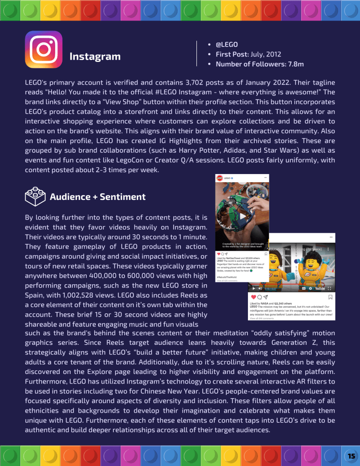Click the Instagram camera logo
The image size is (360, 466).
[x=43, y=50]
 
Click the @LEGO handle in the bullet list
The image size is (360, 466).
[x=226, y=44]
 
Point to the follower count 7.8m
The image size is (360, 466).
[x=296, y=64]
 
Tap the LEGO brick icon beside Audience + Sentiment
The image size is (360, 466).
[x=35, y=197]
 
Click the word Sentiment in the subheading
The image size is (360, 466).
[x=123, y=197]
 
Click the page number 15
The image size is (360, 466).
[x=351, y=456]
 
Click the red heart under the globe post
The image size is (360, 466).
[x=219, y=253]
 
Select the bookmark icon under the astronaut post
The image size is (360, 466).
[x=331, y=297]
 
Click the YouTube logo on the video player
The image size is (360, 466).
[x=319, y=288]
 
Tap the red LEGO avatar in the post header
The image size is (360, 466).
[x=219, y=178]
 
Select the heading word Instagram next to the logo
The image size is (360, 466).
[x=95, y=56]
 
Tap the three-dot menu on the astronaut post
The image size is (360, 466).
[x=331, y=238]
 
